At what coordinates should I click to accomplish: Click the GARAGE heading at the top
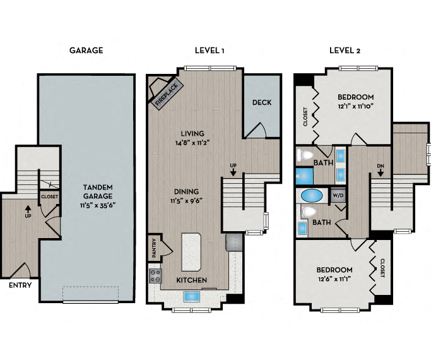coord(86,51)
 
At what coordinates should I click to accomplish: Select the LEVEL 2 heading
coord(345,51)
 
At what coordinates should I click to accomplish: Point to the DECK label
coord(261,102)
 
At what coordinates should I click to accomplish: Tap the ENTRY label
coord(20,285)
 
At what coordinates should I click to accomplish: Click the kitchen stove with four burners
coord(156,275)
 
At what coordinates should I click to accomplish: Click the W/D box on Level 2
coord(338,195)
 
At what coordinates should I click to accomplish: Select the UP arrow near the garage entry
coord(28,209)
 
